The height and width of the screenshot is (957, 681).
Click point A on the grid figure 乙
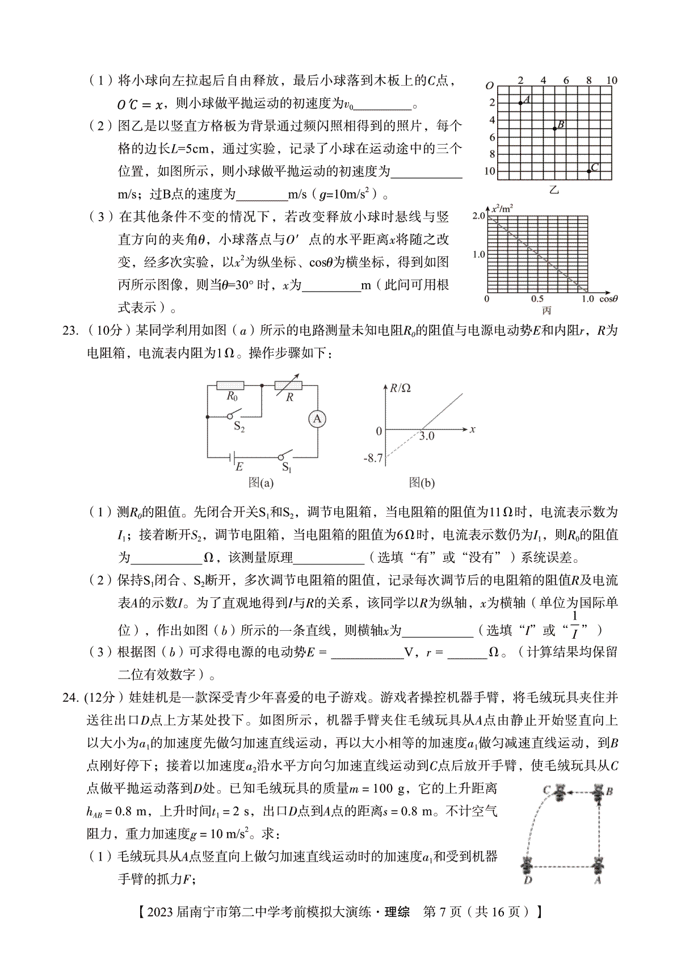pyautogui.click(x=520, y=103)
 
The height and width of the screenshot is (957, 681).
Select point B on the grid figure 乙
pyautogui.click(x=554, y=128)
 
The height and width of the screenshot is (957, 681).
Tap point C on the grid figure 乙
pyautogui.click(x=588, y=171)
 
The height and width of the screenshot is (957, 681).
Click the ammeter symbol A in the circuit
pyautogui.click(x=317, y=419)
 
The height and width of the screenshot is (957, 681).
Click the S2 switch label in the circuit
pyautogui.click(x=239, y=427)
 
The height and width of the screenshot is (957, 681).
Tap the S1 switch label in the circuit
pyautogui.click(x=287, y=468)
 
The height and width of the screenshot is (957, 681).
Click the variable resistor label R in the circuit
pyautogui.click(x=289, y=398)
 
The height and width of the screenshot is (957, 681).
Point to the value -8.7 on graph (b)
pyautogui.click(x=372, y=458)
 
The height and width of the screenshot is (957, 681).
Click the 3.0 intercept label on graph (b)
pyautogui.click(x=426, y=436)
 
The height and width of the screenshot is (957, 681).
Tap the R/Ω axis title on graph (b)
pyautogui.click(x=400, y=388)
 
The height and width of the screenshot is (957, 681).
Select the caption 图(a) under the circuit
pyautogui.click(x=261, y=483)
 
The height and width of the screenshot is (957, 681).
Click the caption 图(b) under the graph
pyautogui.click(x=422, y=483)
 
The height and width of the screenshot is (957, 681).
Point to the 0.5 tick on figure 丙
pyautogui.click(x=537, y=299)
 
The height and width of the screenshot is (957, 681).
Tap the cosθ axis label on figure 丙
pyautogui.click(x=608, y=298)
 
